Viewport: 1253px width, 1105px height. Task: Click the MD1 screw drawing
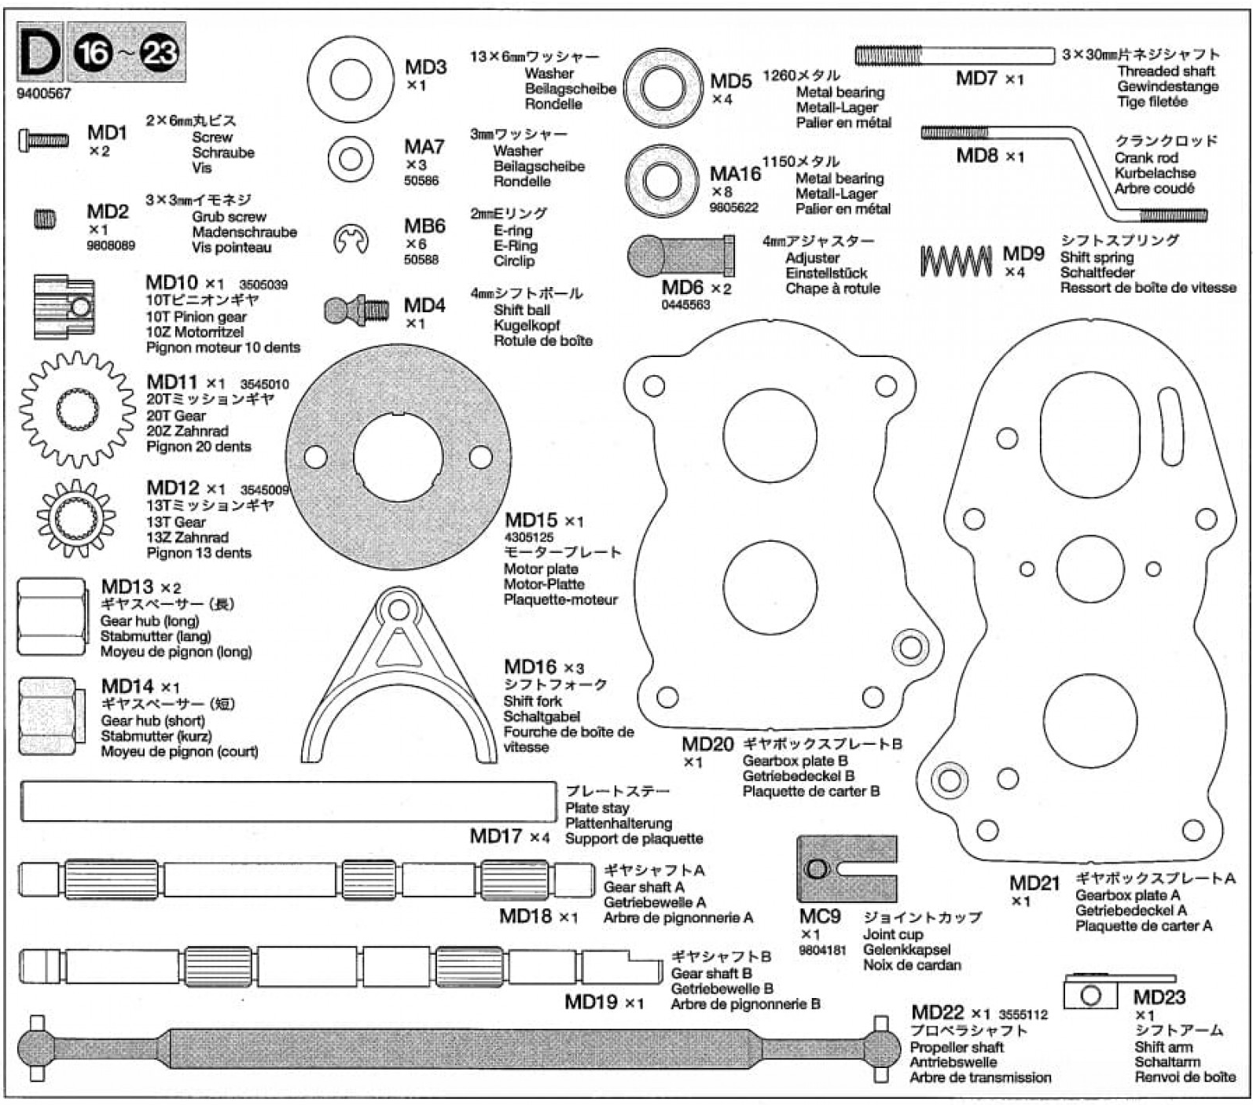click(43, 141)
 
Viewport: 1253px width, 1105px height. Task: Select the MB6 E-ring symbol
click(351, 239)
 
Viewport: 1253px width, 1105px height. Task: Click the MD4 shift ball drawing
click(356, 310)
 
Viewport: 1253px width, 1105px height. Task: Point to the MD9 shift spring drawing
click(956, 261)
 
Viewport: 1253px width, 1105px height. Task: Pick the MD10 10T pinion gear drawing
click(63, 306)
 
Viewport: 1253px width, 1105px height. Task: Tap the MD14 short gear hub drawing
click(49, 716)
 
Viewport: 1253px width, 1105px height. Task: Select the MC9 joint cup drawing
click(846, 868)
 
